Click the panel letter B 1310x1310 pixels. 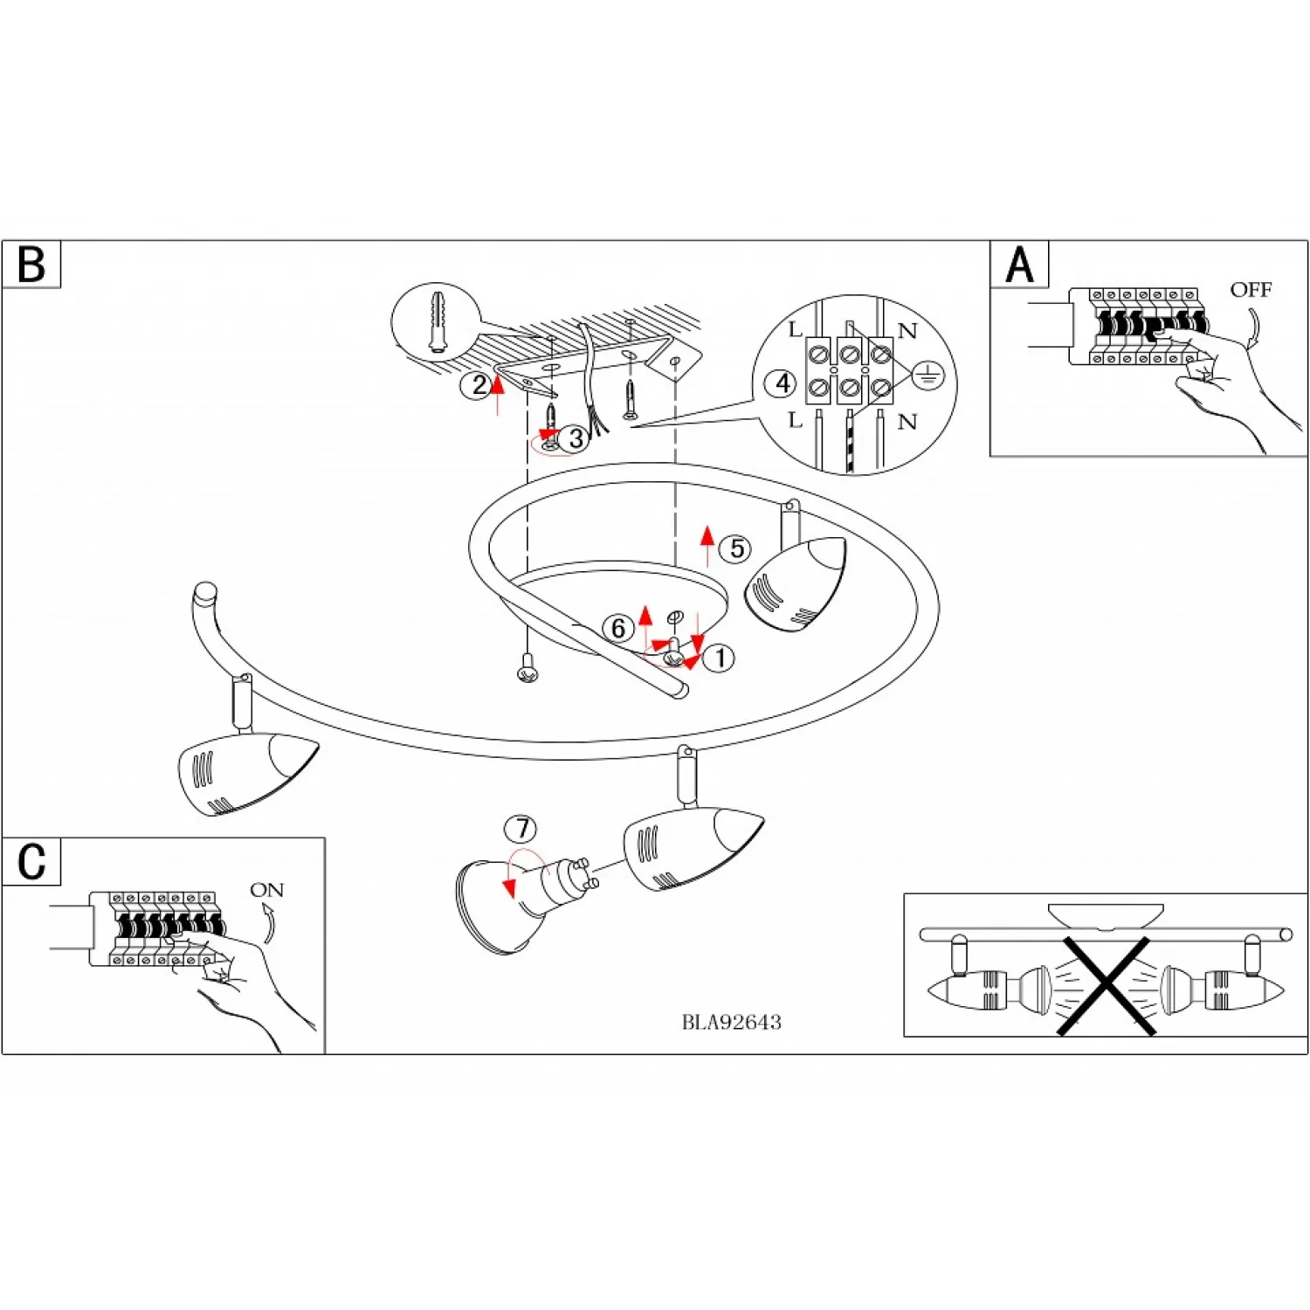[x=31, y=264]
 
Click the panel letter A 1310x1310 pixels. [x=1019, y=265]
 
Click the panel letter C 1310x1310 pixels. [x=31, y=862]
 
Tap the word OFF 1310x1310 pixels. [x=1251, y=289]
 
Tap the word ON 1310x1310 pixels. [x=266, y=890]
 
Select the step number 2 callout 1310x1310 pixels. [x=478, y=385]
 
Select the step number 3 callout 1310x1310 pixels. [x=576, y=438]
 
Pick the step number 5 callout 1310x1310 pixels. [x=737, y=548]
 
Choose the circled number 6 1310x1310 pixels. [x=618, y=628]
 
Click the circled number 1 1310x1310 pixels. [x=720, y=658]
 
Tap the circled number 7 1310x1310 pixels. [x=521, y=828]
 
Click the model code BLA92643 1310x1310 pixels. [x=731, y=1022]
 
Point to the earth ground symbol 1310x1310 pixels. [x=927, y=376]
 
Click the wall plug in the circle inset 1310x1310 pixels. [x=437, y=322]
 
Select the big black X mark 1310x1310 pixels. [x=1106, y=986]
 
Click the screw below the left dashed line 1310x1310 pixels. [x=527, y=671]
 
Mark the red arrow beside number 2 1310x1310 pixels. [x=498, y=393]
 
